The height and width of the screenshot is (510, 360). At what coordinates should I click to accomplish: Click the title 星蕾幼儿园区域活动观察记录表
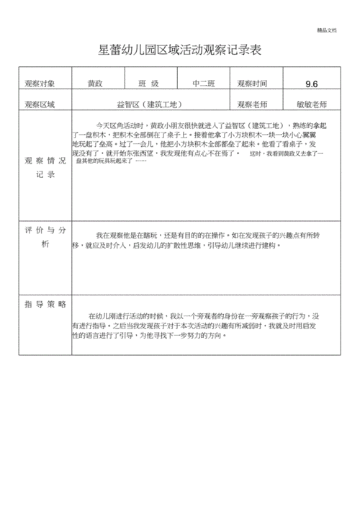[x=179, y=50]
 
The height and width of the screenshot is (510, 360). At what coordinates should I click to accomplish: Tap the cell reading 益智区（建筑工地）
[x=150, y=104]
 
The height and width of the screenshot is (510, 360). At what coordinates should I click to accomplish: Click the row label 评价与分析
[x=45, y=237]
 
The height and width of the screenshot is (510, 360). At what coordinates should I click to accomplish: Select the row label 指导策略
[x=45, y=305]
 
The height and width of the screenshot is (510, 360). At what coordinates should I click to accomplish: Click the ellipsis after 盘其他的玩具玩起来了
[x=140, y=160]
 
